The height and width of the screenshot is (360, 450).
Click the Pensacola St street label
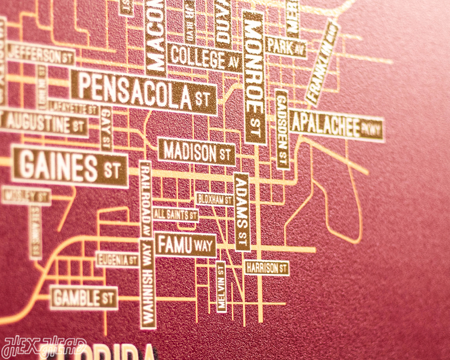coord(144,92)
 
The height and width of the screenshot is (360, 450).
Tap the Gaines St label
coord(69,167)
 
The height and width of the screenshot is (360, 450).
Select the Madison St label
coord(197,151)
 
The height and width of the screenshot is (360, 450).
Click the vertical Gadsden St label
coord(282,129)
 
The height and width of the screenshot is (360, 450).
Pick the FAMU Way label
coord(185,246)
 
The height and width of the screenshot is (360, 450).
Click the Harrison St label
coord(266,267)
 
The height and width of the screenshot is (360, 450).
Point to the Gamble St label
coord(84,298)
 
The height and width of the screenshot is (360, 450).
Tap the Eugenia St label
coord(117,260)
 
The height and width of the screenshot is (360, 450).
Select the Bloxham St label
coord(214,199)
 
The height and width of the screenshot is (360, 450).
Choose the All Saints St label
coord(175,215)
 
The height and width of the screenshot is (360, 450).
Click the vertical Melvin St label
coord(221,287)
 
